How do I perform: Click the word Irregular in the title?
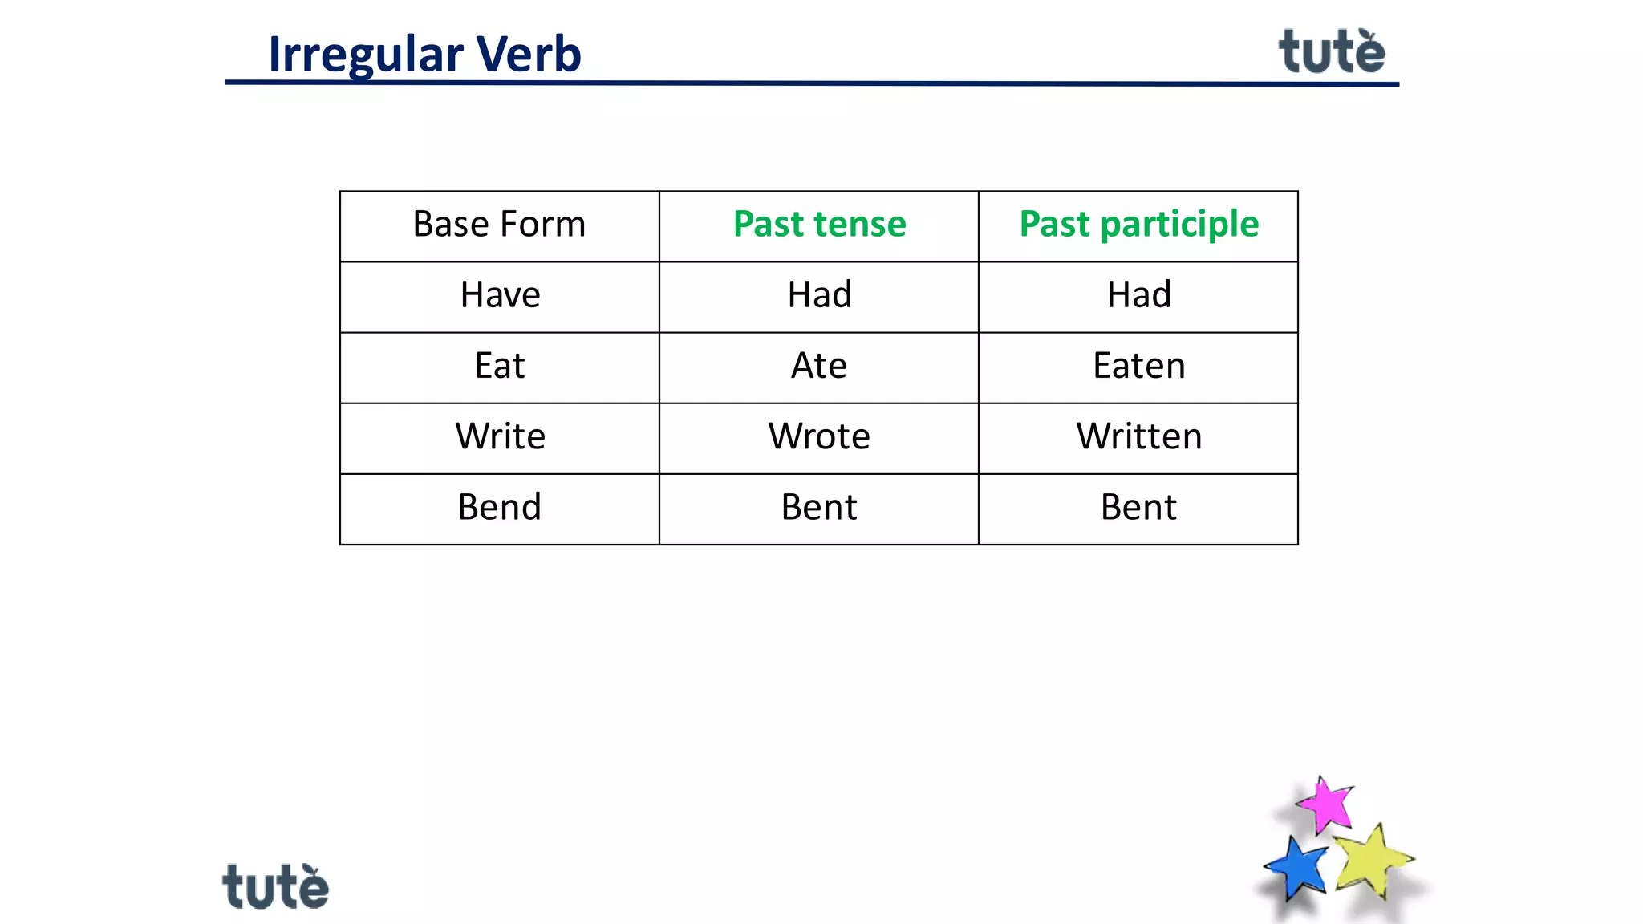pyautogui.click(x=366, y=55)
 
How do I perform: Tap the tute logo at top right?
pyautogui.click(x=1332, y=52)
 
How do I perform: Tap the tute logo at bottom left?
pyautogui.click(x=275, y=887)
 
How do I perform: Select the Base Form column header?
pyautogui.click(x=499, y=225)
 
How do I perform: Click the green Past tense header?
pyautogui.click(x=819, y=225)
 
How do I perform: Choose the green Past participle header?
pyautogui.click(x=1138, y=225)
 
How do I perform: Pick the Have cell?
pyautogui.click(x=500, y=295)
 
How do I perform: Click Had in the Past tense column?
pyautogui.click(x=819, y=295)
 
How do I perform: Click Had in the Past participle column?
pyautogui.click(x=1138, y=295)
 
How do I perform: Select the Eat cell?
pyautogui.click(x=499, y=366)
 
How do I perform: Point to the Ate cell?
pyautogui.click(x=819, y=366)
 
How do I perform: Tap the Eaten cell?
pyautogui.click(x=1138, y=366)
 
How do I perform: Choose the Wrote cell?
pyautogui.click(x=819, y=436)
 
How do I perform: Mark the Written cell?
pyautogui.click(x=1138, y=436)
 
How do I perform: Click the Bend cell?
pyautogui.click(x=499, y=507)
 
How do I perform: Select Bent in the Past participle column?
pyautogui.click(x=1138, y=507)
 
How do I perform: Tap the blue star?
pyautogui.click(x=1297, y=868)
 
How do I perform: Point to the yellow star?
pyautogui.click(x=1371, y=861)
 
